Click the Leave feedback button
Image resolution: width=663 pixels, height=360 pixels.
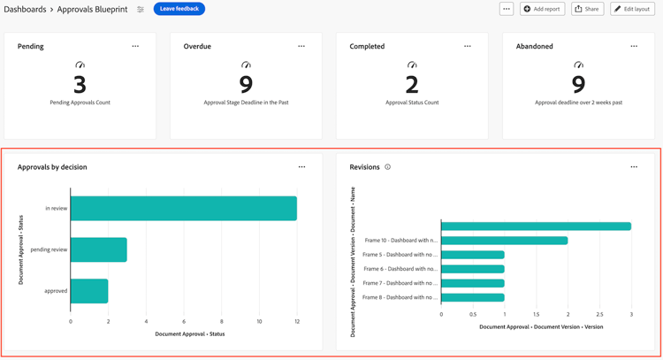179,9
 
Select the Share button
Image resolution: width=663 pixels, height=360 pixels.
586,9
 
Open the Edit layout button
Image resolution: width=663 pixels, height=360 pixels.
632,9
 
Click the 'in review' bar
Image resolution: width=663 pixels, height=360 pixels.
183,209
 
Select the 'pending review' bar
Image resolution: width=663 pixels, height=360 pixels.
98,249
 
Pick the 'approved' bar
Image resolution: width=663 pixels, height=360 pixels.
88,291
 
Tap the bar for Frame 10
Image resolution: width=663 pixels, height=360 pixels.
504,241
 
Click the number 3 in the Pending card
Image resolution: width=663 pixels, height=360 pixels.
80,85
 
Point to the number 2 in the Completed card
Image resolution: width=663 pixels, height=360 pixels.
412,85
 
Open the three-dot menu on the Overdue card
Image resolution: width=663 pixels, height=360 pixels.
301,47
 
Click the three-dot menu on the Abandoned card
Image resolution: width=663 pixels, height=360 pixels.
634,47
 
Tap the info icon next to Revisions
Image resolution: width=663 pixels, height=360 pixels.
387,167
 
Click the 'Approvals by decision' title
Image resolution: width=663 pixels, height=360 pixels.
52,167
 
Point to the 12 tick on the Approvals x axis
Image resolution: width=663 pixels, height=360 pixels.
297,321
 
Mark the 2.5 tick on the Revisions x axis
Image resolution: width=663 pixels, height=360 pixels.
599,314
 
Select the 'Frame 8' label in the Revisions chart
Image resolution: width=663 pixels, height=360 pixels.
400,297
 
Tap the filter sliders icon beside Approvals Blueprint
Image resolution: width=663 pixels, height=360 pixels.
141,10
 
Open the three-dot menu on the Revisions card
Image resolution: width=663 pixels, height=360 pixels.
634,167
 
